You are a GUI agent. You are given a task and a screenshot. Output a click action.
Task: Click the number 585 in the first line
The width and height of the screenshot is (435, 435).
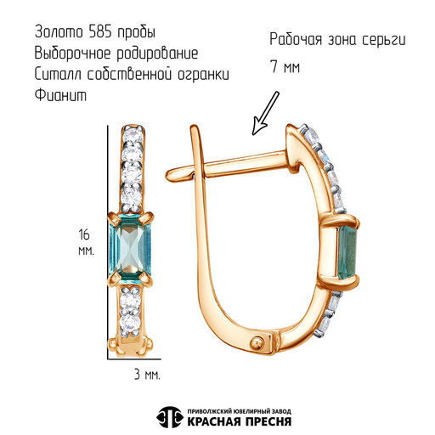pyautogui.click(x=100, y=31)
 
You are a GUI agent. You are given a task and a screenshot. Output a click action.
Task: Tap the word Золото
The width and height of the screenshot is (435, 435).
pyautogui.click(x=59, y=31)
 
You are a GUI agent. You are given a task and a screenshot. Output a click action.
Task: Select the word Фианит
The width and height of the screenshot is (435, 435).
pyautogui.click(x=60, y=95)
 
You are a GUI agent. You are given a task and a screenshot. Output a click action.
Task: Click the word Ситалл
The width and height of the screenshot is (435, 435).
pyautogui.click(x=58, y=74)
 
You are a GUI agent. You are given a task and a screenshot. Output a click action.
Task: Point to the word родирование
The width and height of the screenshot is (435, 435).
pyautogui.click(x=157, y=54)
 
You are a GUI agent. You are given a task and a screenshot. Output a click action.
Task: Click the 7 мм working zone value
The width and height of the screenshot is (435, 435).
pyautogui.click(x=285, y=67)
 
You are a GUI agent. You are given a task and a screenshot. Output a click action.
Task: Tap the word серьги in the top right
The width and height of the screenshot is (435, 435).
pyautogui.click(x=384, y=40)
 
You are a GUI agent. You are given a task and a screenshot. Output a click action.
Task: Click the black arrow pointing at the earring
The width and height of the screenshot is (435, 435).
pyautogui.click(x=265, y=113)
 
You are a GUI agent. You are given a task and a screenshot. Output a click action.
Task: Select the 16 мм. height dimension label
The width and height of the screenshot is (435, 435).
pyautogui.click(x=86, y=242)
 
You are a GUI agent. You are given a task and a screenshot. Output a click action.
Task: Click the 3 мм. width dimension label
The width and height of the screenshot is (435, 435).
pyautogui.click(x=147, y=375)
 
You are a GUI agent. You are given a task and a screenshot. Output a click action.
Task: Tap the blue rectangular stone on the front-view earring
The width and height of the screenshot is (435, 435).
pyautogui.click(x=130, y=249)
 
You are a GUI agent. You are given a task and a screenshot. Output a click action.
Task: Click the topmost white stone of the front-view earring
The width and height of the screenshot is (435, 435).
pyautogui.click(x=133, y=133)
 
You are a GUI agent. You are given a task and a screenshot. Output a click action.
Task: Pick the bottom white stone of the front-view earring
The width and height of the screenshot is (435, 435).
pyautogui.click(x=130, y=324)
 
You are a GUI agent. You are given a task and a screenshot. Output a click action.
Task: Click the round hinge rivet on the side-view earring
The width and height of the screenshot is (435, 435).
pyautogui.click(x=258, y=343)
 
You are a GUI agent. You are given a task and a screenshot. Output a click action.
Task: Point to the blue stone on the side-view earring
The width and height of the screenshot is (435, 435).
pyautogui.click(x=347, y=251)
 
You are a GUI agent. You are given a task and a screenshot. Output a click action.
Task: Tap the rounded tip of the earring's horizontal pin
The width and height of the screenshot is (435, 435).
pyautogui.click(x=172, y=174)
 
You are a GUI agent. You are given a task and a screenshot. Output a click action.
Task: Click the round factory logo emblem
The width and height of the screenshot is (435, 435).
pyautogui.click(x=170, y=417)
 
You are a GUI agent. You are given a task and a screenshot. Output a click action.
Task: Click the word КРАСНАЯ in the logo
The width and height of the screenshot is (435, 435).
pyautogui.click(x=214, y=421)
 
